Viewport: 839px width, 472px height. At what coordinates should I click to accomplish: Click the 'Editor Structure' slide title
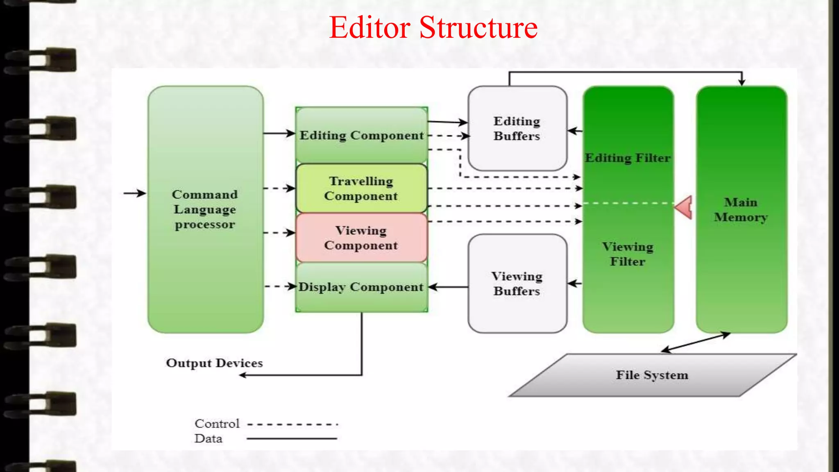(433, 28)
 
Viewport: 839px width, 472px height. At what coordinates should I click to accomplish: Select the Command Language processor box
(205, 209)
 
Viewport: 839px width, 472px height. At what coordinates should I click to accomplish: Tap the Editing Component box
(361, 135)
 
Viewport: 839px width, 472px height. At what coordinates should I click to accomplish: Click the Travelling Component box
(361, 188)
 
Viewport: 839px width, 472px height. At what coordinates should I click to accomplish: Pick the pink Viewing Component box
(361, 238)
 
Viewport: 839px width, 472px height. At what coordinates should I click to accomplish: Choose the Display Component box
(361, 287)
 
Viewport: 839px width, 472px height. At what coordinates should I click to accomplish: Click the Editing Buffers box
(517, 128)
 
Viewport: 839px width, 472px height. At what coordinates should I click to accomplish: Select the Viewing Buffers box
(517, 284)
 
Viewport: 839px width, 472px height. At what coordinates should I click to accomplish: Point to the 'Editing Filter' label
(628, 158)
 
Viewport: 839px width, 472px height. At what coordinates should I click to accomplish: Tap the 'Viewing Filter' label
(628, 254)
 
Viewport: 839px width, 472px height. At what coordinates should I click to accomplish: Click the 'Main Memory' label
(741, 210)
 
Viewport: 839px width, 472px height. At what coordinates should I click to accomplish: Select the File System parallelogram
(652, 375)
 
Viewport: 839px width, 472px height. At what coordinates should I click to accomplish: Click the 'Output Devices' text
(214, 363)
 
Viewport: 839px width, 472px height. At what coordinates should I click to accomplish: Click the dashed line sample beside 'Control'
(293, 424)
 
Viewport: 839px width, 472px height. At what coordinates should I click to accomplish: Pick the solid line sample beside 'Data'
(292, 439)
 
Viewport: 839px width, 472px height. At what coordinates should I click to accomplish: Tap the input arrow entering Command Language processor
(134, 193)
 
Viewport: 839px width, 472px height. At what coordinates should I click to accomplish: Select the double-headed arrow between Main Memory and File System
(696, 343)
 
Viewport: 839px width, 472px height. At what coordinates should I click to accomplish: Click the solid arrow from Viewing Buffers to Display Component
(449, 287)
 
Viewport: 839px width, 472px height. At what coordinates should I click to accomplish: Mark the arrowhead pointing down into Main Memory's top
(741, 82)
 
